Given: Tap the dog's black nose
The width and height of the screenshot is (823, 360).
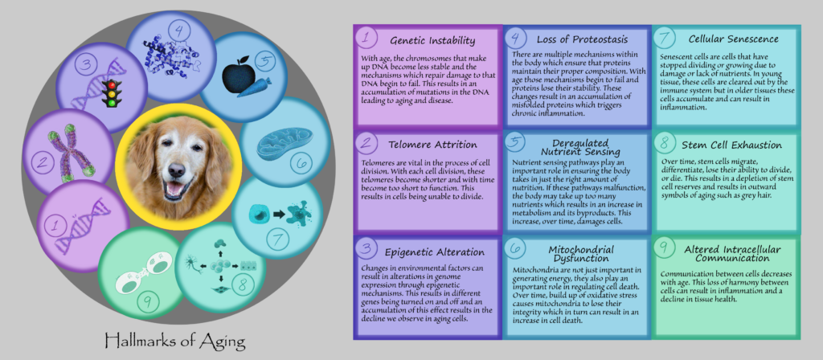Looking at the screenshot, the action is [x=177, y=170].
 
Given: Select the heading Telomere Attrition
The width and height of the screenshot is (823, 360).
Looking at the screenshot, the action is [x=433, y=145].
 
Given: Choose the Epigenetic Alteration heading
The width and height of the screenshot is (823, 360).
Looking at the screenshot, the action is [x=434, y=252].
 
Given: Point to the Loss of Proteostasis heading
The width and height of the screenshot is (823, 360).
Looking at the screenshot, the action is [x=582, y=39].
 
